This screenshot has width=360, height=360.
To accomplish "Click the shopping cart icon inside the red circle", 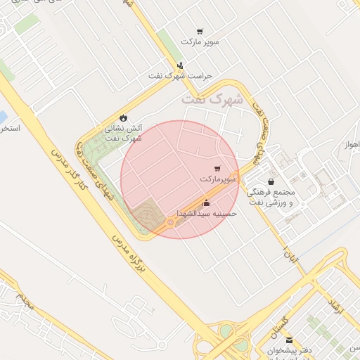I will [x=217, y=169].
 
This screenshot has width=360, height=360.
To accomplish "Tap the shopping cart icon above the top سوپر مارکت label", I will [x=200, y=32].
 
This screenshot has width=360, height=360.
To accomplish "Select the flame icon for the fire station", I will [x=124, y=117].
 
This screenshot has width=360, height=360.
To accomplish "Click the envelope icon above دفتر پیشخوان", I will [x=289, y=340].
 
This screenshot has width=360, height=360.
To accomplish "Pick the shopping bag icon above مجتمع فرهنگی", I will [x=271, y=181].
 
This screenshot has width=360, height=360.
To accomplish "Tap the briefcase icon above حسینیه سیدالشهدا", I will [x=206, y=202].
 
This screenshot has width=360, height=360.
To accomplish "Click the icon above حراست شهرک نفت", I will [x=181, y=65].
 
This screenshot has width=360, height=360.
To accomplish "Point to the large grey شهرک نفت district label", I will [x=212, y=99].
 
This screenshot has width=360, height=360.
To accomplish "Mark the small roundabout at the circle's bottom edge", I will [x=169, y=223].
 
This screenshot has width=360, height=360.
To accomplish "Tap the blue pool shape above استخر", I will [x=3, y=115].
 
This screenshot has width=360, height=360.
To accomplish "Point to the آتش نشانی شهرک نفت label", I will [x=124, y=133].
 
